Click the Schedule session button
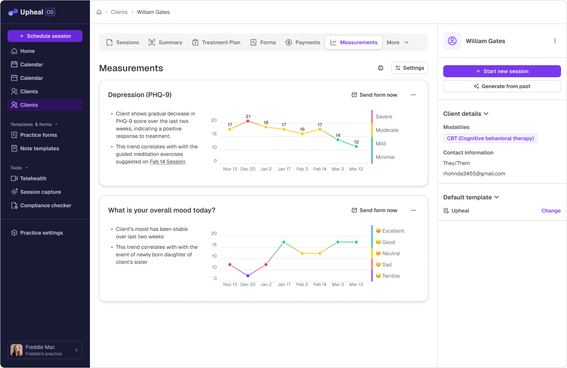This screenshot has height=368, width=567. (x=45, y=36)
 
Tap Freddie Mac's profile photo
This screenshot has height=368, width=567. (x=16, y=350)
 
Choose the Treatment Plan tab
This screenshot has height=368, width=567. (x=216, y=42)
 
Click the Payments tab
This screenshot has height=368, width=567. (x=303, y=42)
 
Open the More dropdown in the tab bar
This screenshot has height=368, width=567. (x=397, y=42)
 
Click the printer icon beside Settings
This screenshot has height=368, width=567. (x=381, y=68)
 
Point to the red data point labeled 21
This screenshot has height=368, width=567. (x=248, y=121)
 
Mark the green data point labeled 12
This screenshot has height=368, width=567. (x=356, y=147)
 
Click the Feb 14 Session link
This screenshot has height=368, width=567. (x=168, y=162)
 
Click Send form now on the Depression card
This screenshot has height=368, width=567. (x=374, y=95)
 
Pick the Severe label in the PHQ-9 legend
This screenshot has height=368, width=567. (x=384, y=117)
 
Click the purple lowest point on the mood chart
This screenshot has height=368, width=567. (x=248, y=276)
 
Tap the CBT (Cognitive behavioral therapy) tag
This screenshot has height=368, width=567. (x=490, y=138)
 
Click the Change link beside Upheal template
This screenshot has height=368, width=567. (x=551, y=211)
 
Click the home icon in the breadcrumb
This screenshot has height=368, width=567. (x=99, y=12)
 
